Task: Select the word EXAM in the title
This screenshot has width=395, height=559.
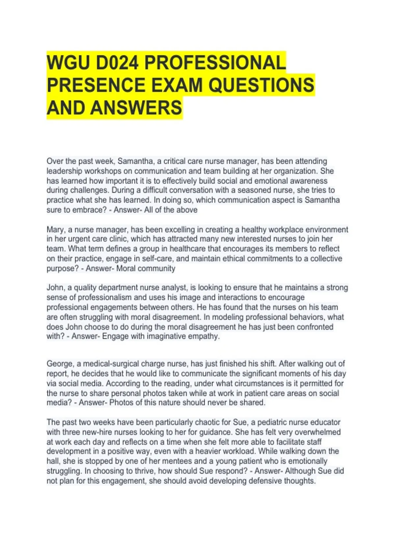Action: pos(176,85)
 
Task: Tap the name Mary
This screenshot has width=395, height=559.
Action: pos(56,230)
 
